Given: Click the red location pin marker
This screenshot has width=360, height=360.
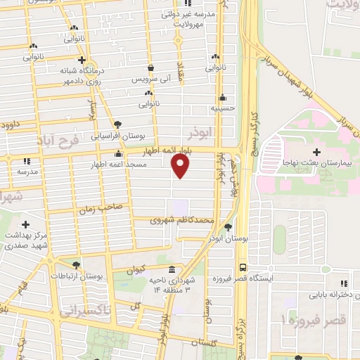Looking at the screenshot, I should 181,166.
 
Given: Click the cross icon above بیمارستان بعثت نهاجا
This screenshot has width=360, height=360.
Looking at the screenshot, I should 316,152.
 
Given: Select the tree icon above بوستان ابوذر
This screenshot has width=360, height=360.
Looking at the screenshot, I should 229,226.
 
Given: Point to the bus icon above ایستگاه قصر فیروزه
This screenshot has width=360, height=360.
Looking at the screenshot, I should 243,267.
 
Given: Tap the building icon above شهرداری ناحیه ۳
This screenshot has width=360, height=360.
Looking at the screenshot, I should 172,270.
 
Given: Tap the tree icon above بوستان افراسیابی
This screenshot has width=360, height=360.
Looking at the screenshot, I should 126,124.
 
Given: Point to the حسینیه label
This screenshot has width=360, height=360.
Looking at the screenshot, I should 221,108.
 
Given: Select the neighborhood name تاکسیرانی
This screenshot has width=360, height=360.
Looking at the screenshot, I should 85,309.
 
